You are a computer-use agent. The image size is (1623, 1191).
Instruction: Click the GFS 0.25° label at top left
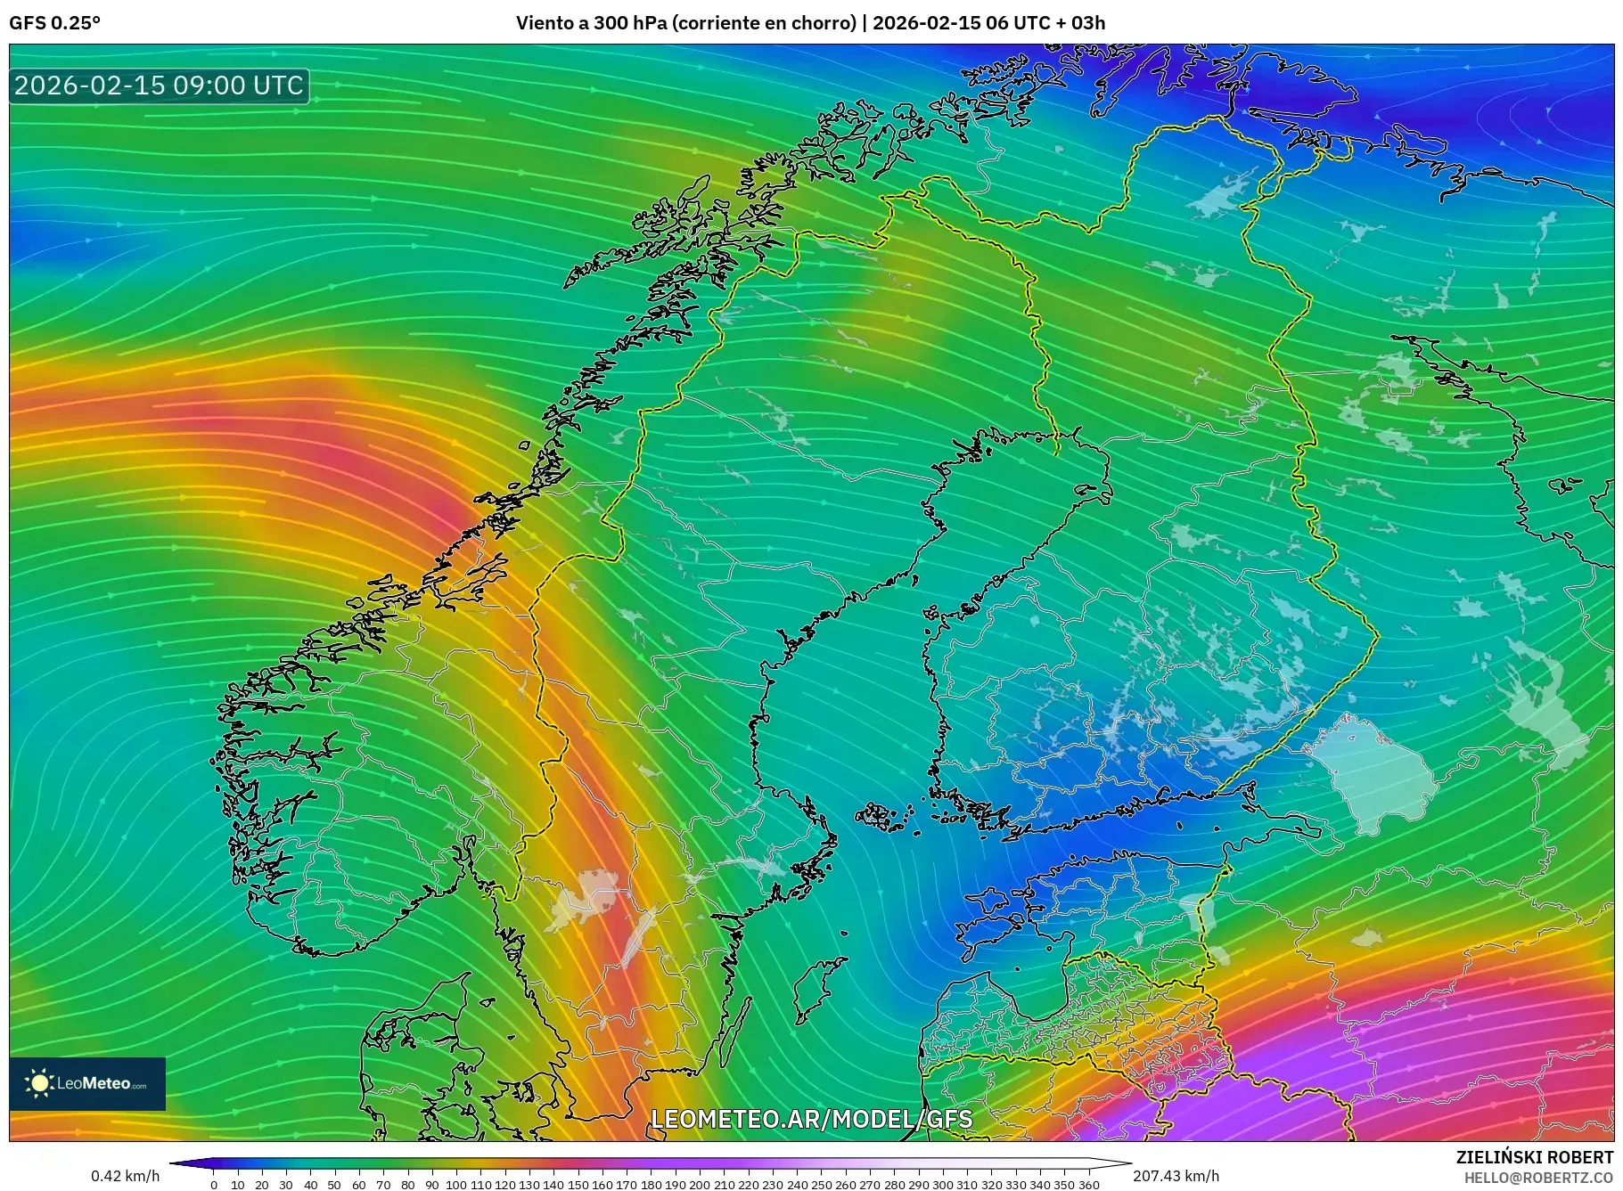pos(54,23)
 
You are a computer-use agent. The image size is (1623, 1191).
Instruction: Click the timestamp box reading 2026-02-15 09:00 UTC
pos(159,86)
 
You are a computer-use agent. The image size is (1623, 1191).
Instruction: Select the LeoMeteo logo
pos(87,1083)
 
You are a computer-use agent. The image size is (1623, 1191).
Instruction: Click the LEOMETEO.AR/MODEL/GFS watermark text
pos(811,1119)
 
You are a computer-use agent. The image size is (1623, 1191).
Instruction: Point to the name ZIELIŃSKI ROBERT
pos(1534,1157)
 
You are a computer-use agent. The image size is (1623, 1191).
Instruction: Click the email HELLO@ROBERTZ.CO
pos(1538,1177)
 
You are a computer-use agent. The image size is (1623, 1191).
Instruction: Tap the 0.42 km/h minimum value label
pos(125,1176)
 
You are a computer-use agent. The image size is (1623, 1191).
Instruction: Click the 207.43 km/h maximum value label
pos(1176,1176)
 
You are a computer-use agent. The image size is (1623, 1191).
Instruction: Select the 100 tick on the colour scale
pos(456,1185)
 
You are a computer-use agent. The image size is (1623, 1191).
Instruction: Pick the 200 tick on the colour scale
pos(700,1185)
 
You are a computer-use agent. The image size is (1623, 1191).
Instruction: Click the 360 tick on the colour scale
pos(1088,1185)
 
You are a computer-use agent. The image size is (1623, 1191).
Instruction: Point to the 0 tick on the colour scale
pos(214,1185)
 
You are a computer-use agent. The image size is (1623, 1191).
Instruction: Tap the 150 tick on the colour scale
pos(578,1185)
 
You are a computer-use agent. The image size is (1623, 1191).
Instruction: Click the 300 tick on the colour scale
pos(943,1185)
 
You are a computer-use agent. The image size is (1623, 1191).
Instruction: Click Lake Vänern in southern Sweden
pos(584,900)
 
